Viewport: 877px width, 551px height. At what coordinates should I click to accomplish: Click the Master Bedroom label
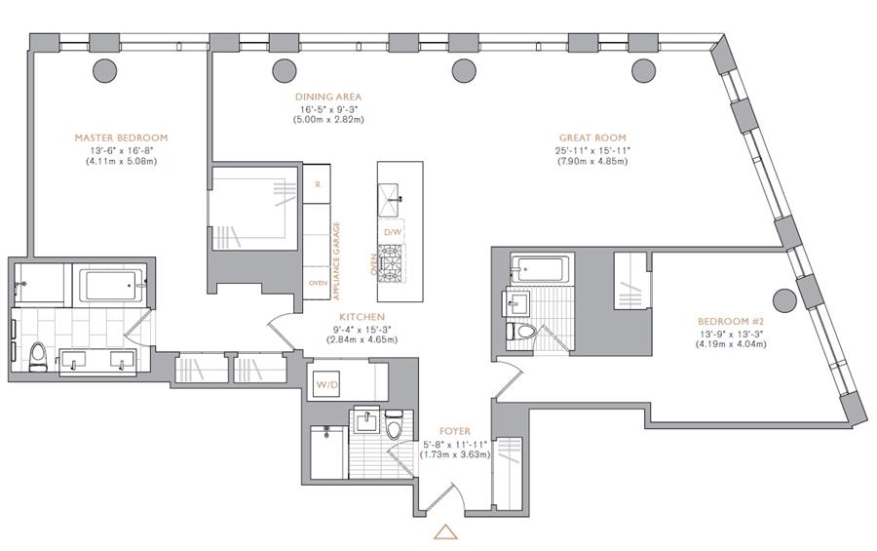[x=122, y=138]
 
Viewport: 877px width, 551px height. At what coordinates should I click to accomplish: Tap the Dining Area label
[x=328, y=97]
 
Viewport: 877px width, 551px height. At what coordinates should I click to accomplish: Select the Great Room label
[x=592, y=138]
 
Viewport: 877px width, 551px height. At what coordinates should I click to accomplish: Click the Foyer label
[x=455, y=431]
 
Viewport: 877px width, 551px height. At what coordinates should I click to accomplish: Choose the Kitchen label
[x=362, y=317]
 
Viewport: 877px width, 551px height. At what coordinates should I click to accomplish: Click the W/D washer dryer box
[x=326, y=384]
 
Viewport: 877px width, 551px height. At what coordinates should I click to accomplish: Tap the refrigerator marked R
[x=317, y=183]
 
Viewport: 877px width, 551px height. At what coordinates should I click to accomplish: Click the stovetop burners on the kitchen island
[x=391, y=263]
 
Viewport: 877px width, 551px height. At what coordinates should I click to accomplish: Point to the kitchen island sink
[x=389, y=199]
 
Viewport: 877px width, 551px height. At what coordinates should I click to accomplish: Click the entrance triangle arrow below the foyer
[x=445, y=531]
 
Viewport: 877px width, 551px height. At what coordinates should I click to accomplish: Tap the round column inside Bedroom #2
[x=784, y=301]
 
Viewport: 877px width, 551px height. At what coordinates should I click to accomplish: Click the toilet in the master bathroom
[x=38, y=357]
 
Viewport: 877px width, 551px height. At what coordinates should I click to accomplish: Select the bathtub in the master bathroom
[x=112, y=286]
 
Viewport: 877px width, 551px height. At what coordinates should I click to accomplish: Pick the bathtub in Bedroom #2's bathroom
[x=540, y=269]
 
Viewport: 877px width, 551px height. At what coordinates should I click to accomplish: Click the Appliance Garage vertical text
[x=337, y=260]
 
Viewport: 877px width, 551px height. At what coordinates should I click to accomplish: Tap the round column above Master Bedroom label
[x=104, y=70]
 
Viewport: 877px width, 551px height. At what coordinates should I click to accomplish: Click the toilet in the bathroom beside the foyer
[x=395, y=425]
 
